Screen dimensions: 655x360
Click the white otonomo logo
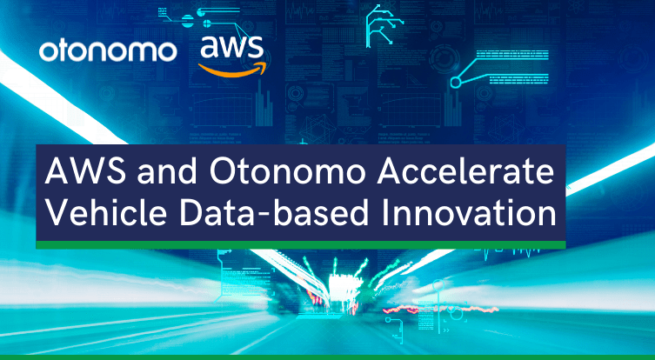point(108,51)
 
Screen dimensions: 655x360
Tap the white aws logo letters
point(231,47)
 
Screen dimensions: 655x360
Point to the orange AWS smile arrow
point(232,70)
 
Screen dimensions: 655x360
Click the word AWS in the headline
point(85,171)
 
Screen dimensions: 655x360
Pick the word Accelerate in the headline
point(465,171)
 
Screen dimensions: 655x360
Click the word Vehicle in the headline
point(106,212)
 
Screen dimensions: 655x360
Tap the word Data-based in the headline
point(275,212)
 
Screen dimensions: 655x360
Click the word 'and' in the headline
point(167,172)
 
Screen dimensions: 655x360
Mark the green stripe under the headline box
point(301,244)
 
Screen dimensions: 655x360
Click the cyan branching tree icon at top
point(383,26)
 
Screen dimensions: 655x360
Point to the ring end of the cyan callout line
point(456,83)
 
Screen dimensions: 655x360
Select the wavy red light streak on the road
point(441,310)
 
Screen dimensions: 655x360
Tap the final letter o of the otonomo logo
point(165,52)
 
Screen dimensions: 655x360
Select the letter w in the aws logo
point(232,48)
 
